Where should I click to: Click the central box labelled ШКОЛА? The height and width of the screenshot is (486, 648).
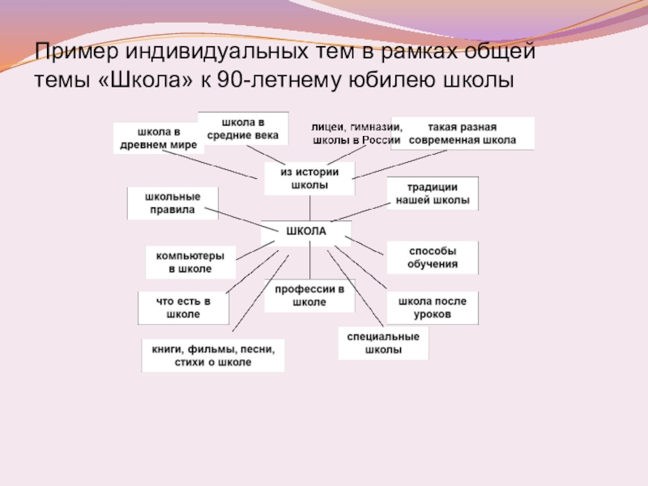306,232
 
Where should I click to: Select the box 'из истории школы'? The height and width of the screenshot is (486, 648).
309,179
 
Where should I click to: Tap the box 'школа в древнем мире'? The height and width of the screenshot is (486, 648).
158,138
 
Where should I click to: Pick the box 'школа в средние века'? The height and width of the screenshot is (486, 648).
242,128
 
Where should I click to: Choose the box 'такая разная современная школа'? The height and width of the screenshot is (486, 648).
462,134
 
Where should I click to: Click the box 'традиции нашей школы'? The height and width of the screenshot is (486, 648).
432,194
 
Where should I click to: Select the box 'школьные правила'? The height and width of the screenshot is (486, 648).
173,202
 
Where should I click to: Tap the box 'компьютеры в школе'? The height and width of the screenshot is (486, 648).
190,262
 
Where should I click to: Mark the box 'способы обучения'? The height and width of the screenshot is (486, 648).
432,258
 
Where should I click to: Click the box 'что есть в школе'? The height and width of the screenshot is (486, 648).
183,307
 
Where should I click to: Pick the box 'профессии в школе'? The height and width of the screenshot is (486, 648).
309,296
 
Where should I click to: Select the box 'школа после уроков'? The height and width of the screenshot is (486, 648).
432,307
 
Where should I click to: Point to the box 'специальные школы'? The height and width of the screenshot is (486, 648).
383,343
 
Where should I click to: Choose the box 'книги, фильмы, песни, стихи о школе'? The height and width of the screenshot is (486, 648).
213,356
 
